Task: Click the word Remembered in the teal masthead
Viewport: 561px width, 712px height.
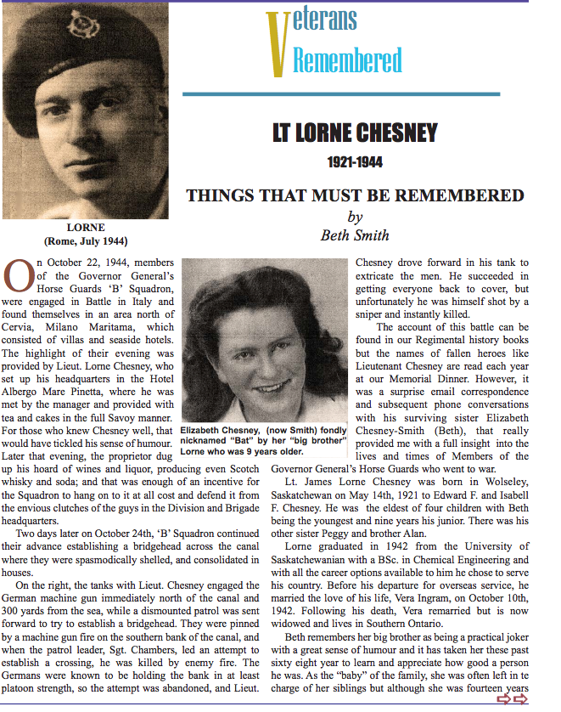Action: coord(347,60)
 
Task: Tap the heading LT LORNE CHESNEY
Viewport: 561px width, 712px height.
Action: coord(355,133)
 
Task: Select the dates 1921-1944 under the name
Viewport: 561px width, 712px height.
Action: coord(356,161)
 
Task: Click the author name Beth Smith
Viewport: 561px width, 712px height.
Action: coord(354,235)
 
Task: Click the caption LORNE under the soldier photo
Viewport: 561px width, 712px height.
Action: coord(85,228)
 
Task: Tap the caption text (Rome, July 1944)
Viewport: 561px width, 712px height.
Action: coord(85,240)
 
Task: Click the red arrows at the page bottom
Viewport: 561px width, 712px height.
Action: coord(512,698)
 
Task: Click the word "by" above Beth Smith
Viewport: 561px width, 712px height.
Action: coord(355,217)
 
